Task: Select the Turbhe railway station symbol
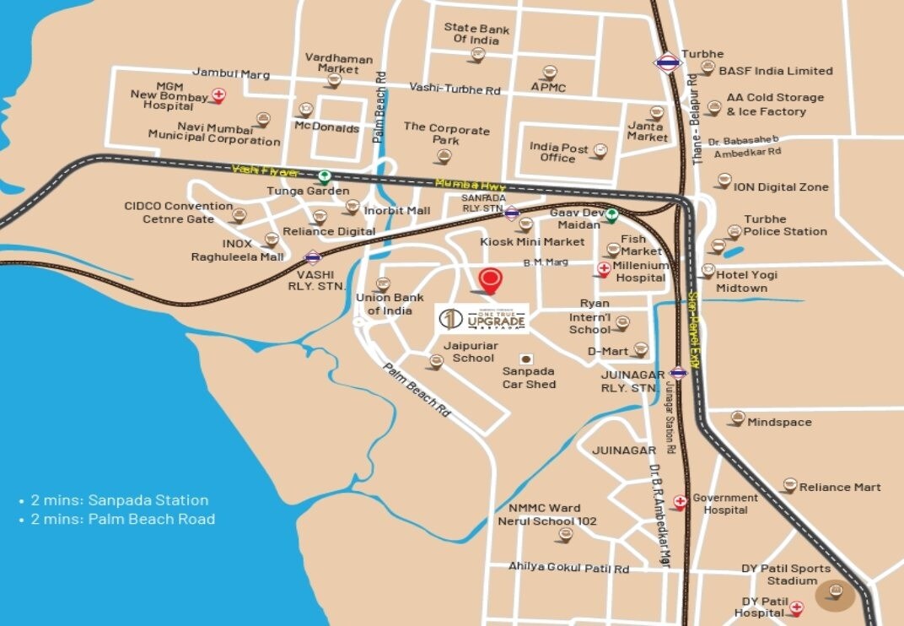click(667, 62)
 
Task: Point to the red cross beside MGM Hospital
click(218, 95)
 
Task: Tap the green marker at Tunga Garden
click(324, 176)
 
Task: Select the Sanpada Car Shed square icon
click(528, 359)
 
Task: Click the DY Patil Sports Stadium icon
click(835, 591)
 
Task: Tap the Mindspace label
click(779, 422)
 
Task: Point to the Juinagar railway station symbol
click(678, 372)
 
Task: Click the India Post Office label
click(558, 153)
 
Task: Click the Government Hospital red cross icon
click(680, 502)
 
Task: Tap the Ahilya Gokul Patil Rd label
click(568, 568)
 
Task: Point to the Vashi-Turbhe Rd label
click(455, 88)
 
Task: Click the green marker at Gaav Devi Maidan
click(612, 215)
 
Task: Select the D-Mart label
click(608, 351)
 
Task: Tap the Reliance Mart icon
click(789, 485)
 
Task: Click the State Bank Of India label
click(476, 35)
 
